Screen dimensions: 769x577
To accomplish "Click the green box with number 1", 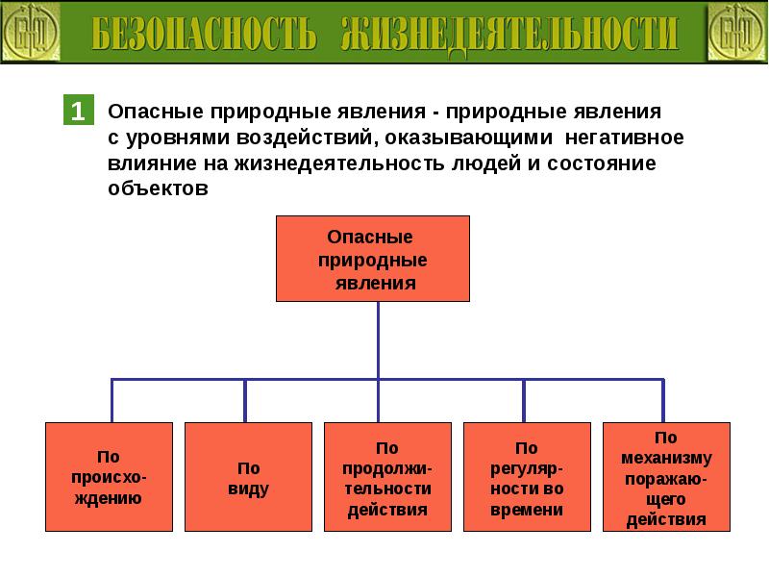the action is click(79, 110).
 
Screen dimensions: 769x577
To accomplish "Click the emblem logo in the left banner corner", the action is click(31, 33).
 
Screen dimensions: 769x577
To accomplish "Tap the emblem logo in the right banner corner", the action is click(737, 33).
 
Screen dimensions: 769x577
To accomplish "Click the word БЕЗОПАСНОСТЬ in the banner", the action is click(204, 34).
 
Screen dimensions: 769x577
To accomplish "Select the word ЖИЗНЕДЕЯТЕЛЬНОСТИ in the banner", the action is click(510, 35).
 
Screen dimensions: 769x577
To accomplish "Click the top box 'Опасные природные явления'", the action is click(373, 259).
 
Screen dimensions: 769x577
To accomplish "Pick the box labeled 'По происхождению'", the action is click(109, 477).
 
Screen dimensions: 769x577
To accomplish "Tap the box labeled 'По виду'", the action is click(248, 477).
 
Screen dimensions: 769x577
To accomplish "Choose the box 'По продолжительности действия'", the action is click(387, 477).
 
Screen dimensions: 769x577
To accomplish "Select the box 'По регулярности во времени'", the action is click(527, 477).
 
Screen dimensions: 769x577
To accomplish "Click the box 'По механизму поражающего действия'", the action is click(666, 477).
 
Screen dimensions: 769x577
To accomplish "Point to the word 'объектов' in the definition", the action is click(158, 188).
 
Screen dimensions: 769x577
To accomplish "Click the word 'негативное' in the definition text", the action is click(624, 138).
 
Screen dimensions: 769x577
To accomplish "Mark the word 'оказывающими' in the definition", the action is click(469, 138).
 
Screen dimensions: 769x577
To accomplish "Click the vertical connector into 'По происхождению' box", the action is click(112, 400).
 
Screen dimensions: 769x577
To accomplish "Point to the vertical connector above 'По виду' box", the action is click(245, 400).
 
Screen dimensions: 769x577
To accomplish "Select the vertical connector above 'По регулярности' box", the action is click(524, 400).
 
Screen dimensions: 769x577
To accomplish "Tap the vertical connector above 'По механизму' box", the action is click(663, 400).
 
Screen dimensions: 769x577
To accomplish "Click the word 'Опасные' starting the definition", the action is click(156, 112).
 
